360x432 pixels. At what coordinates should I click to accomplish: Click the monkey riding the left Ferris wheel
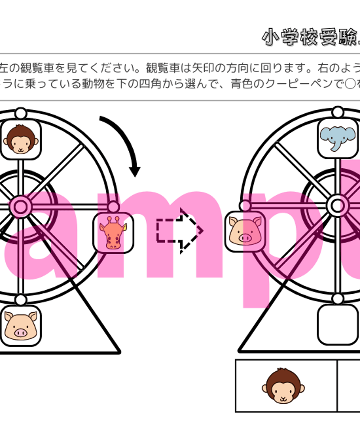tap(21, 139)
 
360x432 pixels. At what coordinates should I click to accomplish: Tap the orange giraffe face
tap(113, 233)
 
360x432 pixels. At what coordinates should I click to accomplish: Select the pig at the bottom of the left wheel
tap(21, 326)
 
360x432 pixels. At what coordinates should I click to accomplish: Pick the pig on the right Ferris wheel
tap(245, 231)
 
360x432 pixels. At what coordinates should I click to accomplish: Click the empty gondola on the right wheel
tap(337, 324)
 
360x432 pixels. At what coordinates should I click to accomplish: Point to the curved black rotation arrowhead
tap(135, 170)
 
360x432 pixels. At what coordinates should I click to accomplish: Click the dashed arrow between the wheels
tap(179, 230)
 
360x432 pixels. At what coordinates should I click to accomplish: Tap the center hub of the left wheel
tap(20, 206)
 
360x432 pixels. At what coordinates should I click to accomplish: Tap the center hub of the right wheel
tap(337, 206)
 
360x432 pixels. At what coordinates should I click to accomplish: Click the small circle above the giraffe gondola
tap(113, 207)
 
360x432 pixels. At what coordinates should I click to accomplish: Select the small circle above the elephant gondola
tap(337, 112)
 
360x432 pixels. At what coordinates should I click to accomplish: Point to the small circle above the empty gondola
tap(337, 299)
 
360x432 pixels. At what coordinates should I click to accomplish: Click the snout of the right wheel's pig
tap(244, 237)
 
